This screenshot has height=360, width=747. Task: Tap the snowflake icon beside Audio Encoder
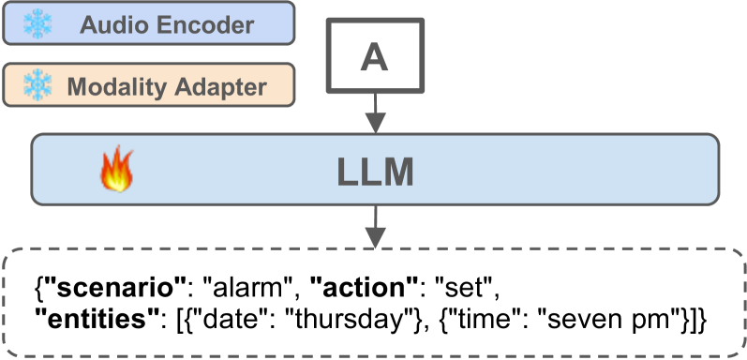[x=37, y=23]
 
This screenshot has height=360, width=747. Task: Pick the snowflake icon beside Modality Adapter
[x=37, y=86]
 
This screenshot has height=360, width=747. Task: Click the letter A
[x=374, y=58]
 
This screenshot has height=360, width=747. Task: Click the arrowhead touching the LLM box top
[x=374, y=127]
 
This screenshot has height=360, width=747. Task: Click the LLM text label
[x=375, y=172]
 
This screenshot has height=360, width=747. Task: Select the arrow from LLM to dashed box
[x=374, y=220]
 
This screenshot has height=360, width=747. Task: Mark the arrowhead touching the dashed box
[x=374, y=240]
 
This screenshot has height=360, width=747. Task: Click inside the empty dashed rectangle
[x=374, y=302]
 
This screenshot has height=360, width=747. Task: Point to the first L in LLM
[x=347, y=172]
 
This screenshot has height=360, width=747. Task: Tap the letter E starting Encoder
[x=164, y=24]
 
